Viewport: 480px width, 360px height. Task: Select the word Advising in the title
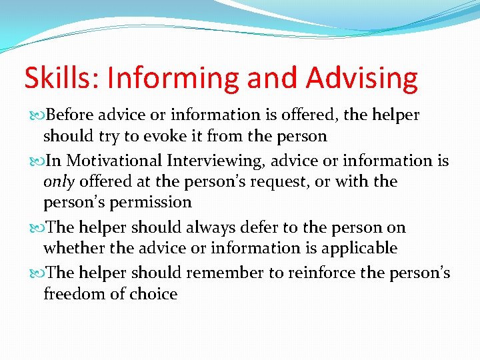pos(362,78)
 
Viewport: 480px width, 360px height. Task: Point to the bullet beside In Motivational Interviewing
pos(37,161)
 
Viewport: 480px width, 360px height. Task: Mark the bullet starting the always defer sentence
pos(37,228)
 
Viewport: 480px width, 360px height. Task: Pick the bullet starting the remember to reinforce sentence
pos(37,273)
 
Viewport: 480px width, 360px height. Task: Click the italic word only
pos(57,182)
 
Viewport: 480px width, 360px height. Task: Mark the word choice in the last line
pos(153,294)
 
